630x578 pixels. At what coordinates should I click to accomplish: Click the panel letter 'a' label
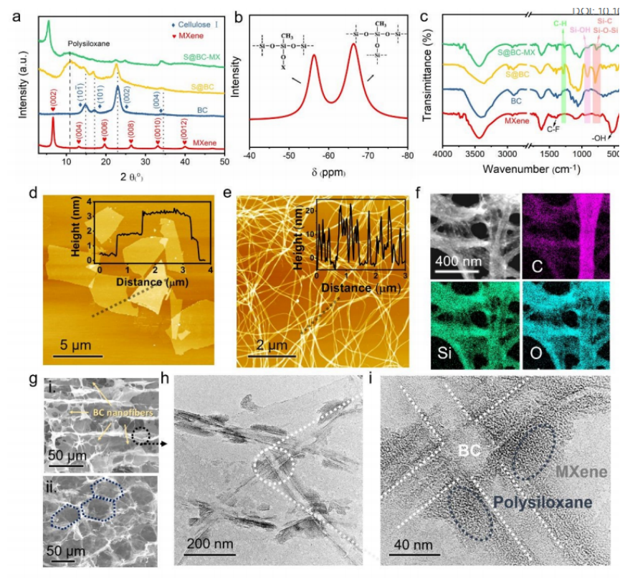[16, 14]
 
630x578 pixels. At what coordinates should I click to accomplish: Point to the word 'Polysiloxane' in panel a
[90, 43]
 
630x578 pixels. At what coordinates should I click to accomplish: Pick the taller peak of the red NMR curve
[353, 46]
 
